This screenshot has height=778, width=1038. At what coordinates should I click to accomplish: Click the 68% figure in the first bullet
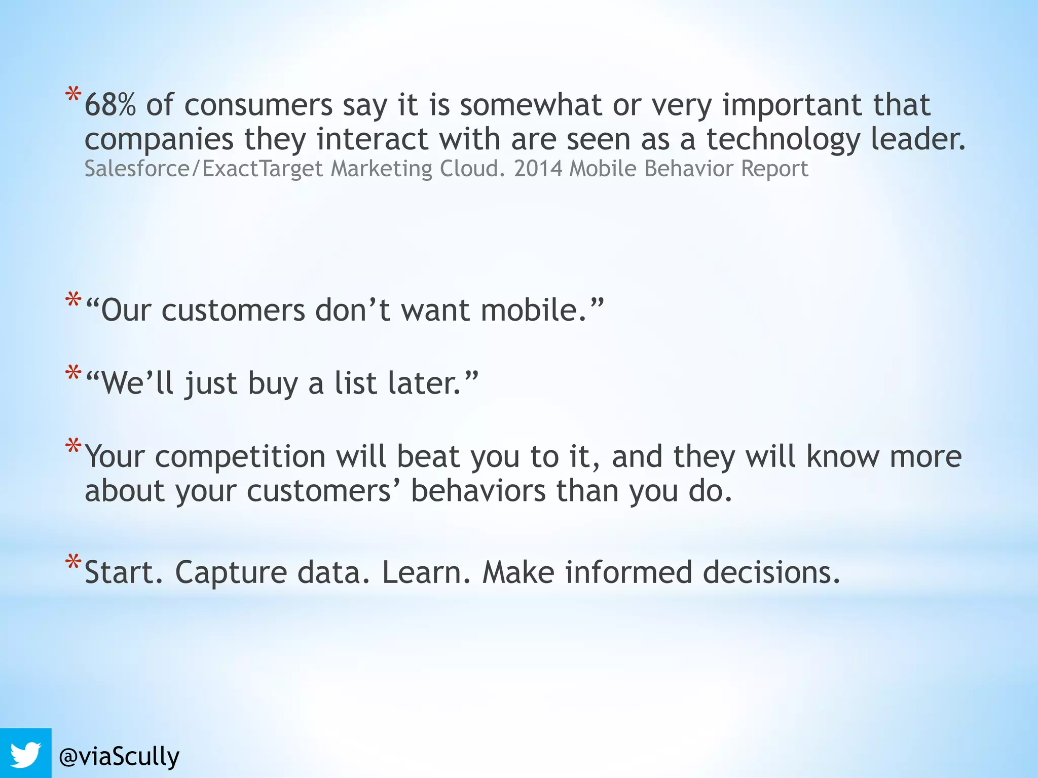110,105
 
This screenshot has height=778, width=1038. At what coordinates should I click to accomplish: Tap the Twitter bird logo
25,754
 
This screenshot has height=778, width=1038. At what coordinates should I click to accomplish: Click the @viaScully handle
119,757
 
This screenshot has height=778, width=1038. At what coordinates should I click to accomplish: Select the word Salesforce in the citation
136,169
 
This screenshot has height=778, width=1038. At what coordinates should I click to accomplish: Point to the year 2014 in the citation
538,169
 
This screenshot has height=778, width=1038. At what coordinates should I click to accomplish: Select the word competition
240,457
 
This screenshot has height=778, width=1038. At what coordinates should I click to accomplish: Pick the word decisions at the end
771,573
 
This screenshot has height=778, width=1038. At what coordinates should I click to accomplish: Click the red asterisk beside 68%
73,95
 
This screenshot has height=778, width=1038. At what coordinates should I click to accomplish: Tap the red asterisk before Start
73,562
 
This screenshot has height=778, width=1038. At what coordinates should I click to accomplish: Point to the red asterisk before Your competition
73,446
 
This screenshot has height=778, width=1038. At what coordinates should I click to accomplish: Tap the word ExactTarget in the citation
263,169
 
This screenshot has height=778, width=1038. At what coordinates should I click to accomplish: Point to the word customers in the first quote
233,310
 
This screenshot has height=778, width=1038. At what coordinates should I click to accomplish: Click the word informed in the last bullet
628,573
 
